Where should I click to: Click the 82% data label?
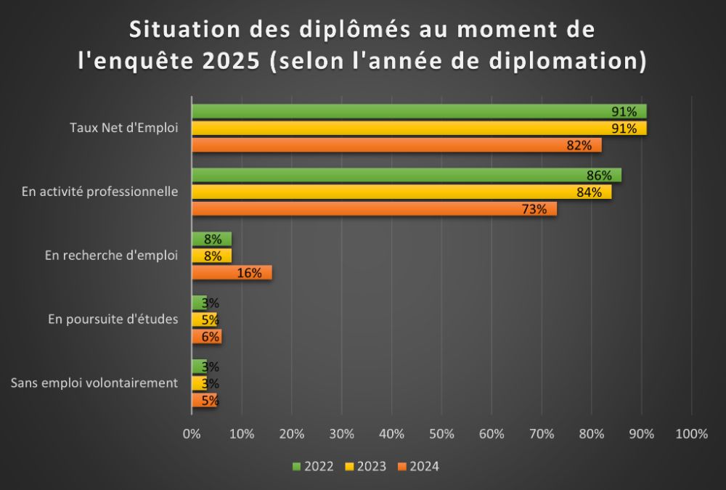tap(579, 145)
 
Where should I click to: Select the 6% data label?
tap(211, 337)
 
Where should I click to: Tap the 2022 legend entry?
tap(314, 466)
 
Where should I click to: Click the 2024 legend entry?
tap(419, 466)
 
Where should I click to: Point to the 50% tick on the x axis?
tap(441, 434)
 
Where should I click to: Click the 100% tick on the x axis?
tap(691, 434)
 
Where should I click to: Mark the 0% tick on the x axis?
tap(192, 434)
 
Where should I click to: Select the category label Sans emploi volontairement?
tap(94, 383)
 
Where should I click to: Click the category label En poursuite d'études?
tap(113, 319)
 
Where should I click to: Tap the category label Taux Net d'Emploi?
tap(124, 128)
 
